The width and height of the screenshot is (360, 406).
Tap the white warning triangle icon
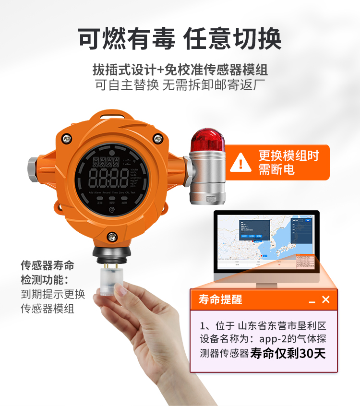click(240, 162)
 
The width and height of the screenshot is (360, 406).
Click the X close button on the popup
click(326, 299)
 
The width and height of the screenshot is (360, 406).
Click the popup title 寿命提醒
click(220, 300)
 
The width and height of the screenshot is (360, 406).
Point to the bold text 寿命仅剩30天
click(288, 354)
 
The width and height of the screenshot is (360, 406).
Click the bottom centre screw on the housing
click(112, 236)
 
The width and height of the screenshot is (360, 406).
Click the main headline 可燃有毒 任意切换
click(180, 38)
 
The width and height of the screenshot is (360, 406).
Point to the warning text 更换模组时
click(288, 155)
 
